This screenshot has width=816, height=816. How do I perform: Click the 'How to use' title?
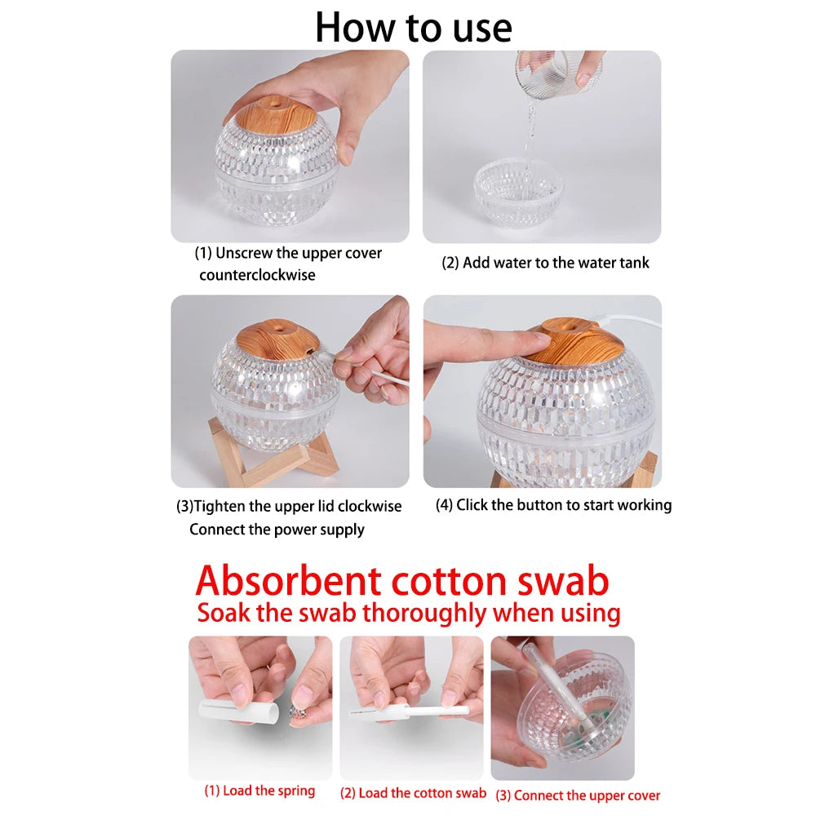point(414,28)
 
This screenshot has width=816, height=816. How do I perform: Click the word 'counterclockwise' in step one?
point(257,276)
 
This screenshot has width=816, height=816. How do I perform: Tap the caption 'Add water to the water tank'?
point(545,263)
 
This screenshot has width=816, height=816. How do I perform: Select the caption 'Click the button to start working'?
point(554,505)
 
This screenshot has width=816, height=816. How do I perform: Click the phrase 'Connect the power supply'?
point(277,530)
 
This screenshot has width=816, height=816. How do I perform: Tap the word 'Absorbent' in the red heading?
point(286,581)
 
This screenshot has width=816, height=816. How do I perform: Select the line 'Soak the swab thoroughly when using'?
point(409,613)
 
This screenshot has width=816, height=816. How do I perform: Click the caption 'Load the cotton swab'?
point(413,793)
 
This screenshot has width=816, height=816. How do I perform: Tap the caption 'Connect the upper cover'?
point(578,796)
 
